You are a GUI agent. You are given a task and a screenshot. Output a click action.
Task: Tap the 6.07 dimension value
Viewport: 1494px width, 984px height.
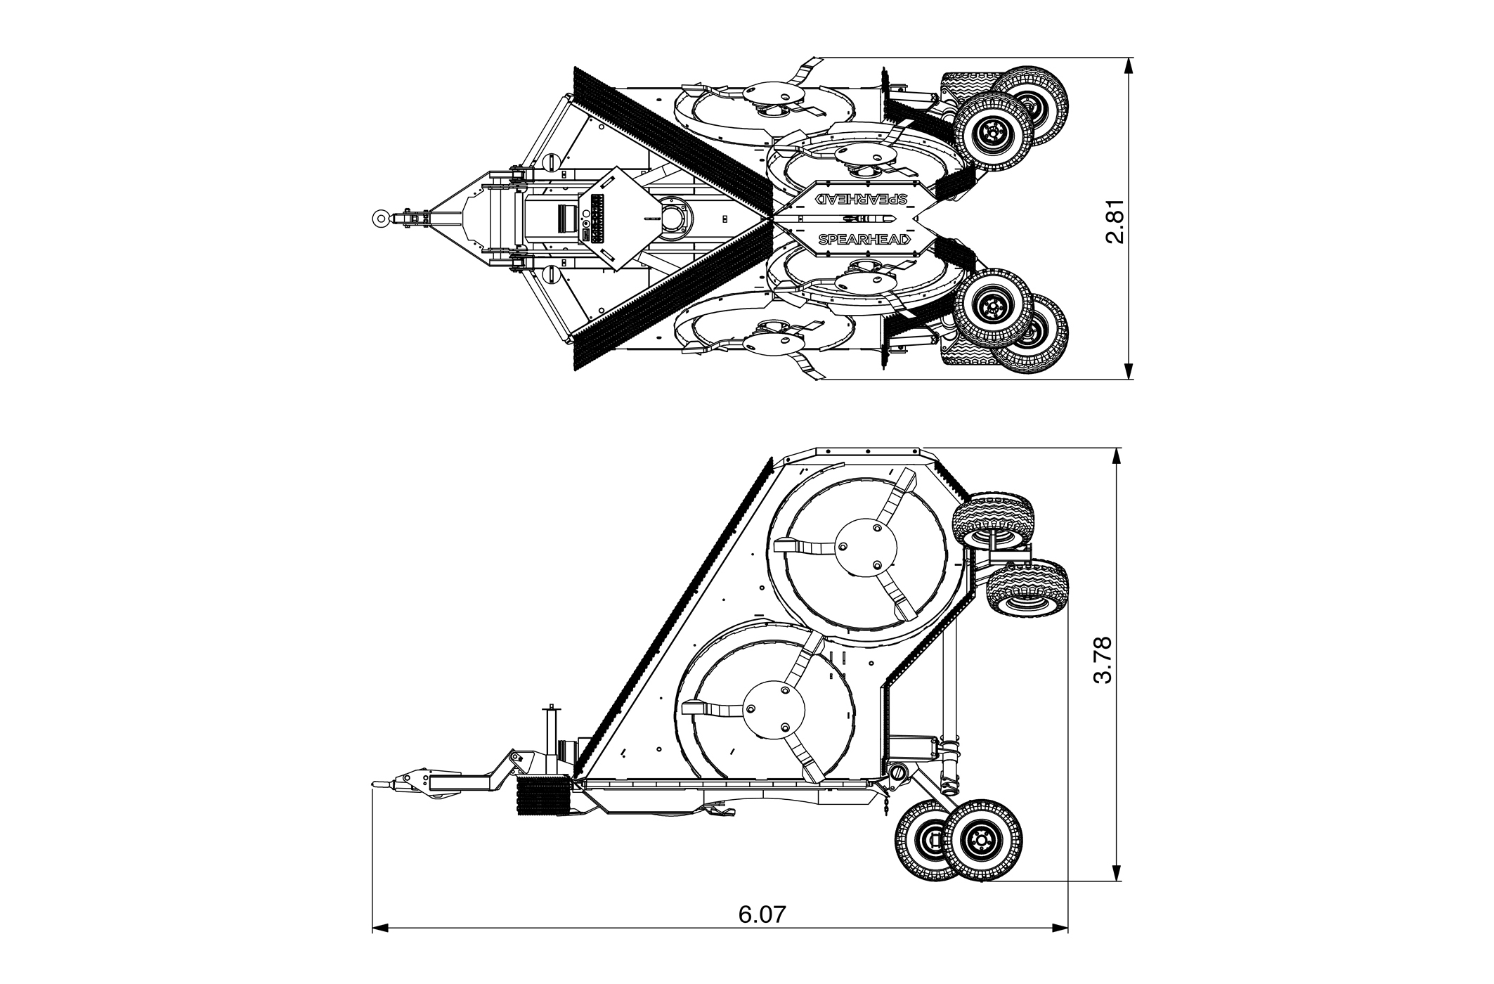point(762,914)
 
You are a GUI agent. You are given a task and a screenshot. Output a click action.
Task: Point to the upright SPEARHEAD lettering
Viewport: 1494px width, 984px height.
point(864,239)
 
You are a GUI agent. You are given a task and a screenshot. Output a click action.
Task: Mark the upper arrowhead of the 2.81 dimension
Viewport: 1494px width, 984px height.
point(1129,66)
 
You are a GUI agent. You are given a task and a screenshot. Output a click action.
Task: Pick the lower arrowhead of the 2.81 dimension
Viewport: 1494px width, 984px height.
point(1129,370)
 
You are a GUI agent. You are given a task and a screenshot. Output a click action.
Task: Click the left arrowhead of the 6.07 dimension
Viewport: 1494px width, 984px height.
point(381,948)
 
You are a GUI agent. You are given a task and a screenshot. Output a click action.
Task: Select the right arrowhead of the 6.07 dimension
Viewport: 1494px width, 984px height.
point(1059,948)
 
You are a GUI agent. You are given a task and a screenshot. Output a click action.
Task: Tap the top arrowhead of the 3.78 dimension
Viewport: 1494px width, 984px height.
point(1115,456)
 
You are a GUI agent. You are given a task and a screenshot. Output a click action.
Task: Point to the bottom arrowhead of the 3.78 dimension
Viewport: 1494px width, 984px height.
point(1115,872)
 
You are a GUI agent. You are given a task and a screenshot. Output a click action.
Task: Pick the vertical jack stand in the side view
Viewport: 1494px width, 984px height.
point(552,738)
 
